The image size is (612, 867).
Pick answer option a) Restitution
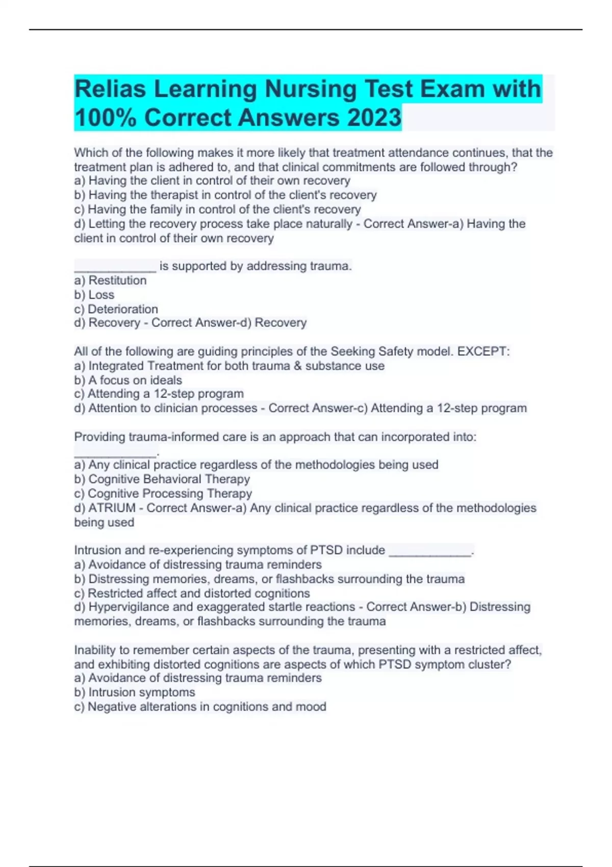pyautogui.click(x=110, y=280)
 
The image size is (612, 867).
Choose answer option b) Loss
pyautogui.click(x=94, y=295)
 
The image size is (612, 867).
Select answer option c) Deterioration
pyautogui.click(x=116, y=309)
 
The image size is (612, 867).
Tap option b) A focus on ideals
pyautogui.click(x=128, y=380)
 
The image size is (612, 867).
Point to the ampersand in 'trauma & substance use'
pyautogui.click(x=298, y=366)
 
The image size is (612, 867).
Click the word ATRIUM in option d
pyautogui.click(x=112, y=508)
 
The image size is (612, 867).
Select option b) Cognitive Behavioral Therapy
pyautogui.click(x=162, y=479)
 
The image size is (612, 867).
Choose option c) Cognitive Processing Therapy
pyautogui.click(x=163, y=493)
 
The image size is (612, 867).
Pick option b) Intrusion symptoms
pyautogui.click(x=135, y=692)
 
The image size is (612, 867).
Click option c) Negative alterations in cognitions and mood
pyautogui.click(x=200, y=706)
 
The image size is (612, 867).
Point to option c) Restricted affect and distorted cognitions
pyautogui.click(x=192, y=593)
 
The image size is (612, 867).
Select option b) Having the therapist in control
pyautogui.click(x=225, y=195)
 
